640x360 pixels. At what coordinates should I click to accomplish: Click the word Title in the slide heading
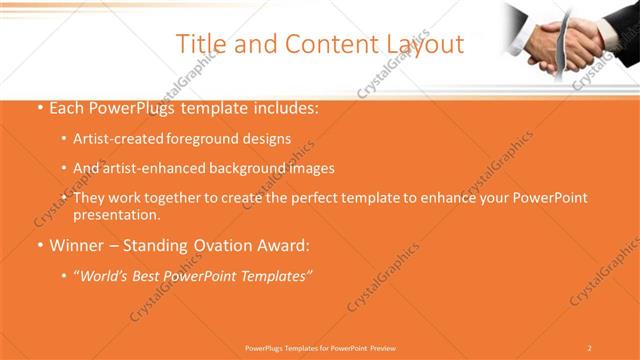pos(198,44)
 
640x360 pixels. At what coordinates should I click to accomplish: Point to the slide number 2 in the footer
pos(589,348)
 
